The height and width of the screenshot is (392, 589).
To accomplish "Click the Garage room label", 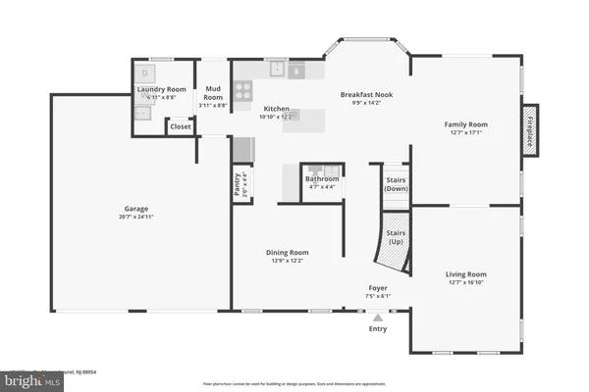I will [135, 208].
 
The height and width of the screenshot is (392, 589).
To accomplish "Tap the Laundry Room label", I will [161, 90].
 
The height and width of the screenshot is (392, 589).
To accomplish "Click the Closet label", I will [181, 126].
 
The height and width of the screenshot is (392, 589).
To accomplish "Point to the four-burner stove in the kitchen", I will [242, 91].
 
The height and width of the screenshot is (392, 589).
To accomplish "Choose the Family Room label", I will [466, 124].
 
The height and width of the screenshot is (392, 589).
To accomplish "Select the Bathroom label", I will [321, 179].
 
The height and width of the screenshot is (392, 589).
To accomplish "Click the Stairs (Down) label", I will [394, 184].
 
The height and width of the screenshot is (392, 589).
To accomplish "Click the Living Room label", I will [466, 274].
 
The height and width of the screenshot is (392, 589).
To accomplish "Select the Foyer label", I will [370, 288].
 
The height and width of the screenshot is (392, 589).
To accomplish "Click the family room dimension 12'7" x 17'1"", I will [466, 133].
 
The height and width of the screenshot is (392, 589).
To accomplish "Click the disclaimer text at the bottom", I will [294, 383].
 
